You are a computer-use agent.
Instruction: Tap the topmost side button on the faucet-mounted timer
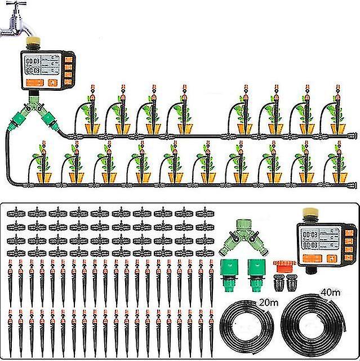pyautogui.click(x=69, y=59)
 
